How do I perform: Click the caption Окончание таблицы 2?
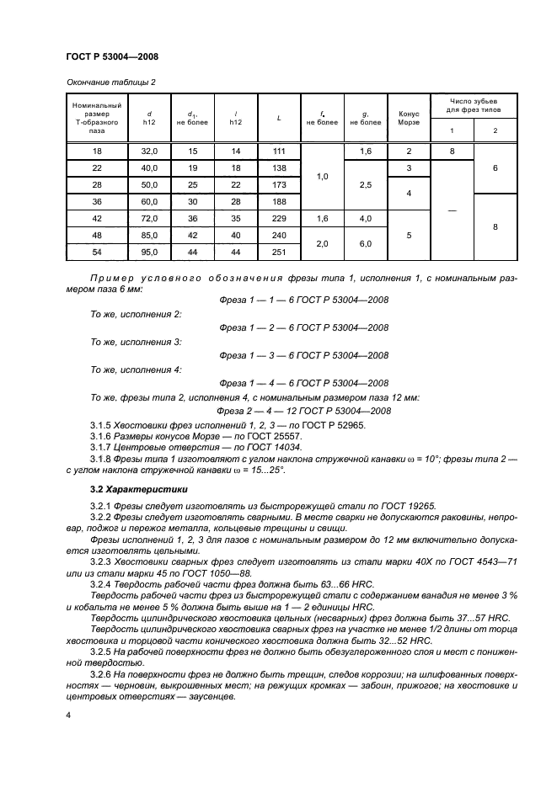[110, 82]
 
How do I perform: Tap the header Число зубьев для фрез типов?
[474, 105]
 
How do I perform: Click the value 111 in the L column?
[278, 151]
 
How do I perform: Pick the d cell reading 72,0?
[149, 217]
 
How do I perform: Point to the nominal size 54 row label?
[95, 252]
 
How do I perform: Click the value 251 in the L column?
[278, 252]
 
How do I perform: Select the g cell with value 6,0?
[365, 243]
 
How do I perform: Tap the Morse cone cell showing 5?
[408, 235]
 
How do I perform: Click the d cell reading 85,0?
[149, 235]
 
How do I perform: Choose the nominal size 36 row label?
[95, 201]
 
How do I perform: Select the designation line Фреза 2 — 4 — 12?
[303, 410]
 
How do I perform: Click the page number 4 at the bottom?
[68, 715]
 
